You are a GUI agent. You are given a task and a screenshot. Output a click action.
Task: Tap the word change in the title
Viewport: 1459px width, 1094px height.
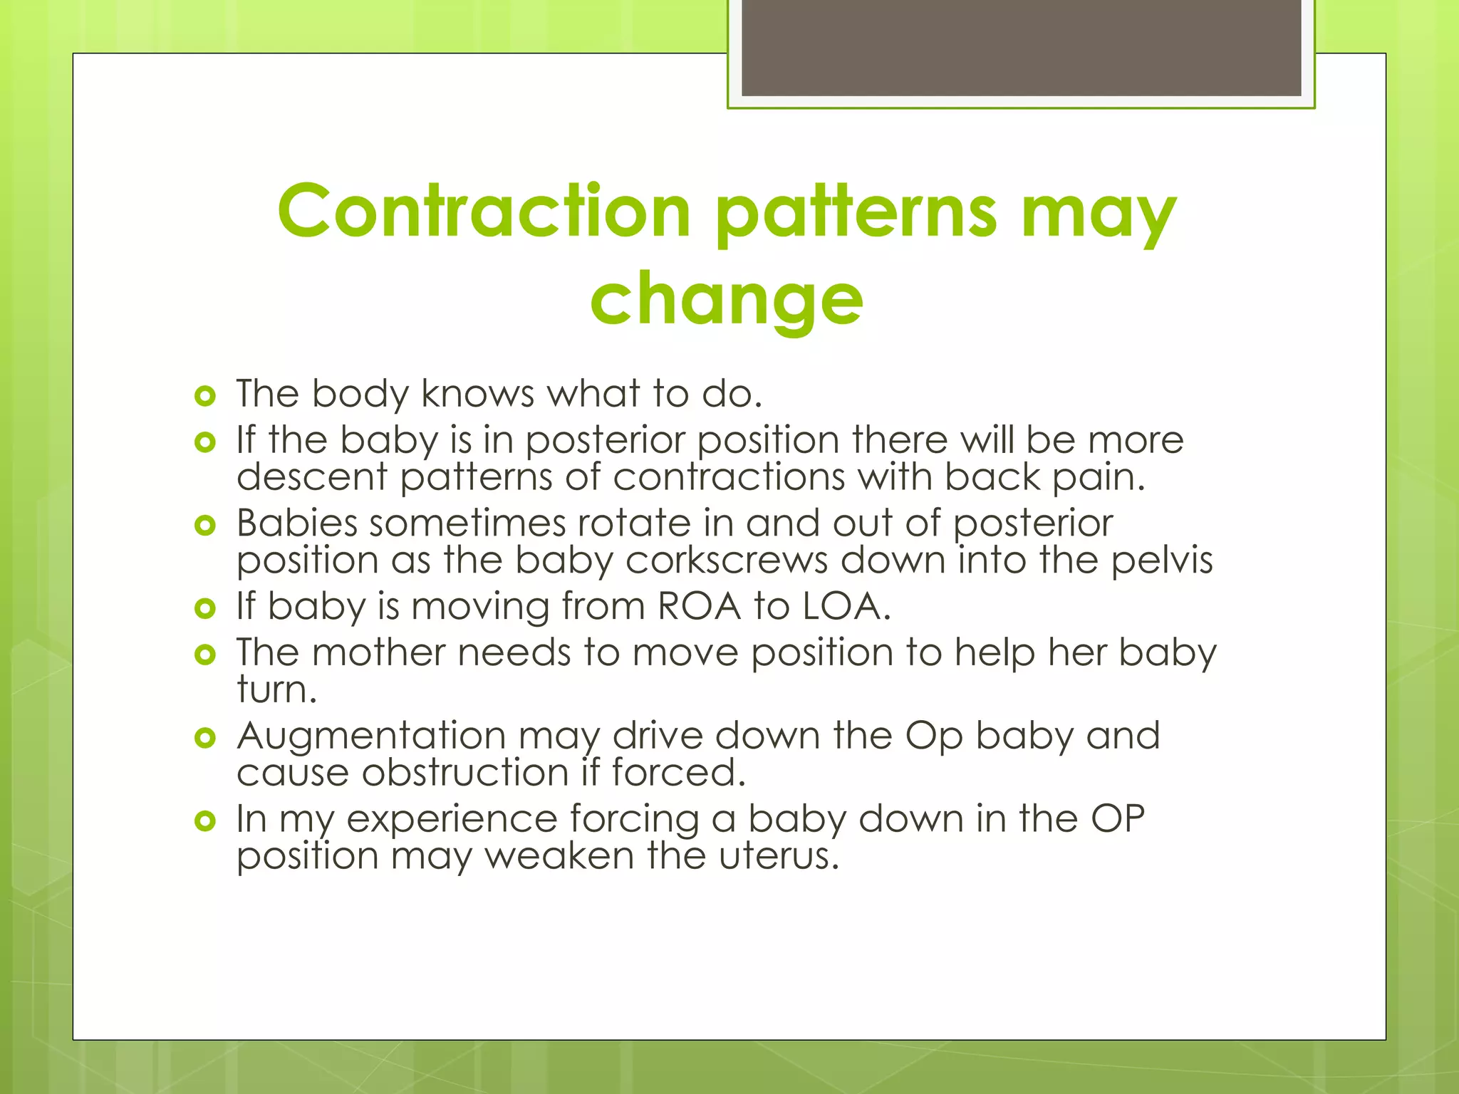point(727,299)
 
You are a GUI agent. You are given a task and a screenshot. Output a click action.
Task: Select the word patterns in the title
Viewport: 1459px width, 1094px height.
point(856,212)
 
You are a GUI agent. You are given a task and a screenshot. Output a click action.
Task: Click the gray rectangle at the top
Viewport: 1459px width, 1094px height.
point(1021,48)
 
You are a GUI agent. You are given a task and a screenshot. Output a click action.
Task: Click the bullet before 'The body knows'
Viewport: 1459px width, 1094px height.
point(205,396)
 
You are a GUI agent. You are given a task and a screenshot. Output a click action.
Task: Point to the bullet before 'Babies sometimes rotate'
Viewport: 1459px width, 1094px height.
point(205,526)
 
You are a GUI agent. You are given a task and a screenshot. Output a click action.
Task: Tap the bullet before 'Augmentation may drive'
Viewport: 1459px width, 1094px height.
point(205,738)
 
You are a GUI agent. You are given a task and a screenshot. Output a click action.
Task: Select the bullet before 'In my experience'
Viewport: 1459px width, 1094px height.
point(205,821)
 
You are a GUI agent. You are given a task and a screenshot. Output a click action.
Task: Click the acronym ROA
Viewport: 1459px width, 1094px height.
point(699,606)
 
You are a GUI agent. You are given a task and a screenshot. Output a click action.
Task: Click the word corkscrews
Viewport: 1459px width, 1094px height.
point(727,560)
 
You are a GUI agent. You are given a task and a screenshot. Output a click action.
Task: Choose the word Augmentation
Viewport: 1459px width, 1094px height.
point(371,736)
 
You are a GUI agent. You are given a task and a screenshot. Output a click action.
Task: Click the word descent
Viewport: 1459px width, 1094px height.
point(311,476)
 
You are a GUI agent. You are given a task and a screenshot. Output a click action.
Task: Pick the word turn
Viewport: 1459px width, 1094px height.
point(276,689)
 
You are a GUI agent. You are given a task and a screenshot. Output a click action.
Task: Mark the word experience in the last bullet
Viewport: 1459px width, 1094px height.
point(452,819)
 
